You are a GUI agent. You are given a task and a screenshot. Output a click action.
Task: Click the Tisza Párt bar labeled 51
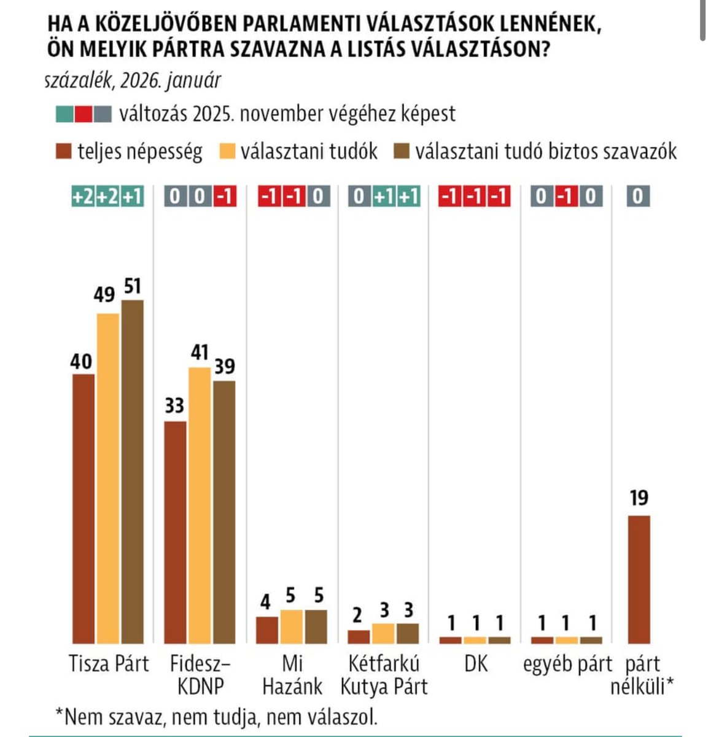[132, 471]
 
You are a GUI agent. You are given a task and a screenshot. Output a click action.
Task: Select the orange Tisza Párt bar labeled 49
[108, 478]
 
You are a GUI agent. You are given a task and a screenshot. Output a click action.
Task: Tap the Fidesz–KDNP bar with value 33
[175, 532]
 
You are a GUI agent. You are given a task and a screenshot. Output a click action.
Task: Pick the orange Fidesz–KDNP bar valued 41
[199, 505]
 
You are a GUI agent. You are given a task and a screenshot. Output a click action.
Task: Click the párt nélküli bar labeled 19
[639, 579]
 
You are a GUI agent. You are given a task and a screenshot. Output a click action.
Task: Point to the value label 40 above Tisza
[82, 362]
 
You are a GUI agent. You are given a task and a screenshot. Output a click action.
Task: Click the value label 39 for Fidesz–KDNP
[224, 367]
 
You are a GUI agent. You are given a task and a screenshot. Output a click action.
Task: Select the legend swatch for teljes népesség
[63, 151]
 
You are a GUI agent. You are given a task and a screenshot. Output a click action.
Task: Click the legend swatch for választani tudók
[228, 151]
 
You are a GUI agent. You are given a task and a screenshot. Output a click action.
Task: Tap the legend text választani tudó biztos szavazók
[545, 151]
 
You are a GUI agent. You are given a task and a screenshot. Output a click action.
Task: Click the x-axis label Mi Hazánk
[292, 675]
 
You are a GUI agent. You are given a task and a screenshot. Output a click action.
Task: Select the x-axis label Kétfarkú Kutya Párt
[384, 675]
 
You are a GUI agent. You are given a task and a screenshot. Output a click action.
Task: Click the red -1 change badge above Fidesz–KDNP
[224, 197]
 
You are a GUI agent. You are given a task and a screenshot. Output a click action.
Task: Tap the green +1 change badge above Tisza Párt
[132, 197]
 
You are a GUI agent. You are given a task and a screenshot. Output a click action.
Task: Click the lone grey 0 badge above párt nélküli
[639, 197]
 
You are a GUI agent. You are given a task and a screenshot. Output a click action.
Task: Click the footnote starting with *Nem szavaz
[216, 716]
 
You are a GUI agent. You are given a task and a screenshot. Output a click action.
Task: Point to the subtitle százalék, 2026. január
[133, 80]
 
